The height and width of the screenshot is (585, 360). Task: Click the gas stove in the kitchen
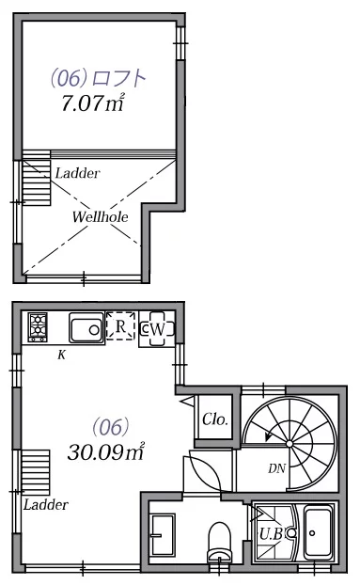[x=38, y=327]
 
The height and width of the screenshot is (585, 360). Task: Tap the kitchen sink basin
[x=86, y=327]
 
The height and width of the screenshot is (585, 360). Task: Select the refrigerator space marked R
[x=120, y=326]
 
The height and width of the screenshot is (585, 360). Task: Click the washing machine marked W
[x=157, y=329]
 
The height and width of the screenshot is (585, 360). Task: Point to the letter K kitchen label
[x=61, y=356]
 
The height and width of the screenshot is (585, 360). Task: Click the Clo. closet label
[x=215, y=419]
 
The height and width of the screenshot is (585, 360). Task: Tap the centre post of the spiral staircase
[x=290, y=443]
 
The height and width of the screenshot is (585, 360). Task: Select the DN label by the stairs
[x=276, y=468]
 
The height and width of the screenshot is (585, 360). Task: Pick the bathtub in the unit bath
[x=318, y=532]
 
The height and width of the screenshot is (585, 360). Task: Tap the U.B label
[x=272, y=534]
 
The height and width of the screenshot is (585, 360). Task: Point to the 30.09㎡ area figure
[x=106, y=451]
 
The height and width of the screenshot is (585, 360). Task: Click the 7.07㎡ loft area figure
[x=93, y=103]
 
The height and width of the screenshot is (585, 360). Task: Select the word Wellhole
[x=101, y=216]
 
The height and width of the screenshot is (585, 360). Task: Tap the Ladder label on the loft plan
[x=77, y=173]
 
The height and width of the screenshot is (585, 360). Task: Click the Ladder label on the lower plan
[x=46, y=505]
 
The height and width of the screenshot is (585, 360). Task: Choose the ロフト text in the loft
[x=118, y=78]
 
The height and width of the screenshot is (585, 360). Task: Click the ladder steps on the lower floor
[x=36, y=472]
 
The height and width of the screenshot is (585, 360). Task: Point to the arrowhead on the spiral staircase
[x=268, y=436]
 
